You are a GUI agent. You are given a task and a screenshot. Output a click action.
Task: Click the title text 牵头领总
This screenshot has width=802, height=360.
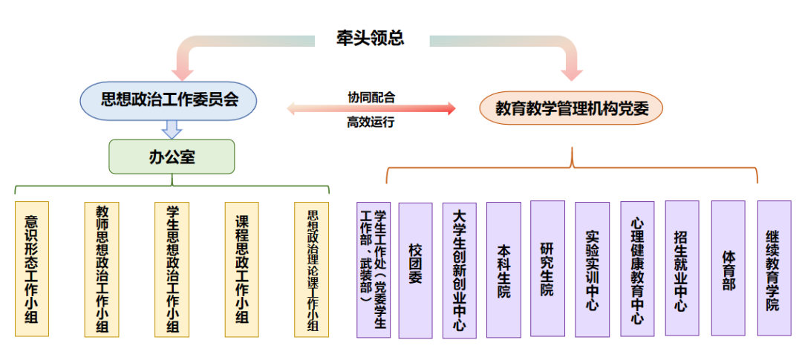(369, 39)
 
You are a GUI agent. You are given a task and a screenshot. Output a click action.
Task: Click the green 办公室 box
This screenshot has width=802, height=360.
(172, 156)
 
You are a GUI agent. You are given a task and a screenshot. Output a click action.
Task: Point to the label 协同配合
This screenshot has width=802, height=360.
(371, 96)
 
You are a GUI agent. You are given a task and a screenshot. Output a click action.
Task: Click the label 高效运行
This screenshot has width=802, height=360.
(371, 122)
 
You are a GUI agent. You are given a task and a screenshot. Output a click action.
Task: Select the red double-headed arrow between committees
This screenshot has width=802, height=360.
(371, 109)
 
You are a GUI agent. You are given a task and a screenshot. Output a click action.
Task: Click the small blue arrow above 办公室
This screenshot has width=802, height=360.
(172, 129)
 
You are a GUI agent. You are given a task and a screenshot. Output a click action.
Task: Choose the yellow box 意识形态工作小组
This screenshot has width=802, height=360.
(32, 269)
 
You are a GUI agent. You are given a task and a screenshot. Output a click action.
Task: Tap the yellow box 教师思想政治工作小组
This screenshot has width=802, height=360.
(102, 269)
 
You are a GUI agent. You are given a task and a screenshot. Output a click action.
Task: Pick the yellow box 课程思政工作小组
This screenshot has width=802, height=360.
(241, 269)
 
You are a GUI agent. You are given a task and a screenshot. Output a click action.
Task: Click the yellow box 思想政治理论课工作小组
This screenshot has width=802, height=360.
(312, 269)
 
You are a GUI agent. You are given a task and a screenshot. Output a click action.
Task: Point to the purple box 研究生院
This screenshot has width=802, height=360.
(547, 269)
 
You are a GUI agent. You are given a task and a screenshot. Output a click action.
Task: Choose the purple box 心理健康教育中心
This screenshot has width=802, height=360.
(637, 269)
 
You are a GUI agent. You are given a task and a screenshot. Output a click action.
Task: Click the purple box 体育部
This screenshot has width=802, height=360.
(728, 268)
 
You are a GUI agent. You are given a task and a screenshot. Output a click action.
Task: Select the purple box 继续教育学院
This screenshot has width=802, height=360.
(773, 268)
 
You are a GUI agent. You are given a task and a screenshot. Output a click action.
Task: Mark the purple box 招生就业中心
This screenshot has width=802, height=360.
(682, 268)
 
